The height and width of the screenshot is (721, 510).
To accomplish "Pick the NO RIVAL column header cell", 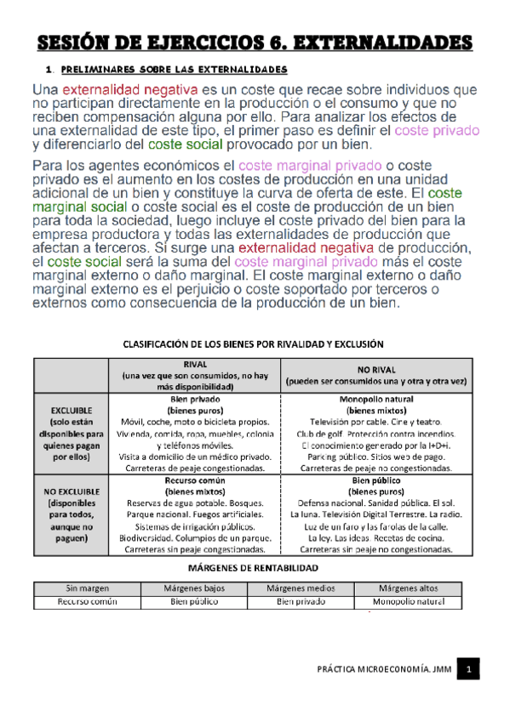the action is coord(375,375).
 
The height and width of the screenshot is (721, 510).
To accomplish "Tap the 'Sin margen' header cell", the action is coord(86,588).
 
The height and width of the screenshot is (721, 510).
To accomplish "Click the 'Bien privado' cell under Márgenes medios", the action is coord(301,602).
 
